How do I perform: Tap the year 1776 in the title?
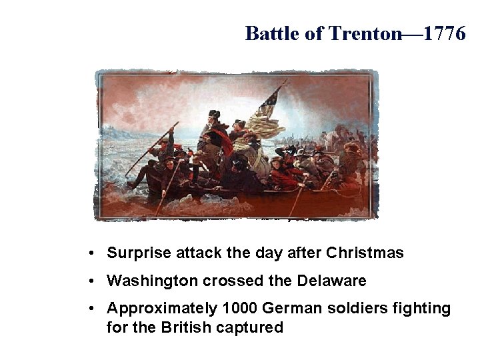coord(442,33)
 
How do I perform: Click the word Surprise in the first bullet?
coord(137,254)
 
